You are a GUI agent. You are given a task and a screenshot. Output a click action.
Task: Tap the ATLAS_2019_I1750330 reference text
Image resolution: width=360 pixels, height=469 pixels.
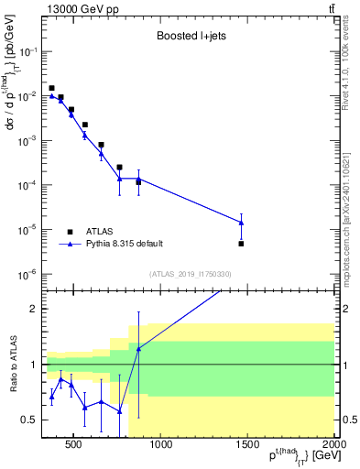coord(191,274)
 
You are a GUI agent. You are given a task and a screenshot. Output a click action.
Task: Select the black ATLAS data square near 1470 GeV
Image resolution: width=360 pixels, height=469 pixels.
coord(241,244)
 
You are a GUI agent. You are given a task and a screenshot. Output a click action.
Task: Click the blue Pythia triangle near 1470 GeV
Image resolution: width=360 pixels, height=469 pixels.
coord(241,222)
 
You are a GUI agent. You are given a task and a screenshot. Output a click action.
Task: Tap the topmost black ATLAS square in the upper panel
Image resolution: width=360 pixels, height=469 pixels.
coord(52,88)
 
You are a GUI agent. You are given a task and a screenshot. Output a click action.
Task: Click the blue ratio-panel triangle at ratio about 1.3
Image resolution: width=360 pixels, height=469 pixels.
coord(138,349)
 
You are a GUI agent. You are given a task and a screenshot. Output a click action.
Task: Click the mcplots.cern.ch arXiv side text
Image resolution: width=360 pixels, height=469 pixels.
coord(351,192)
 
